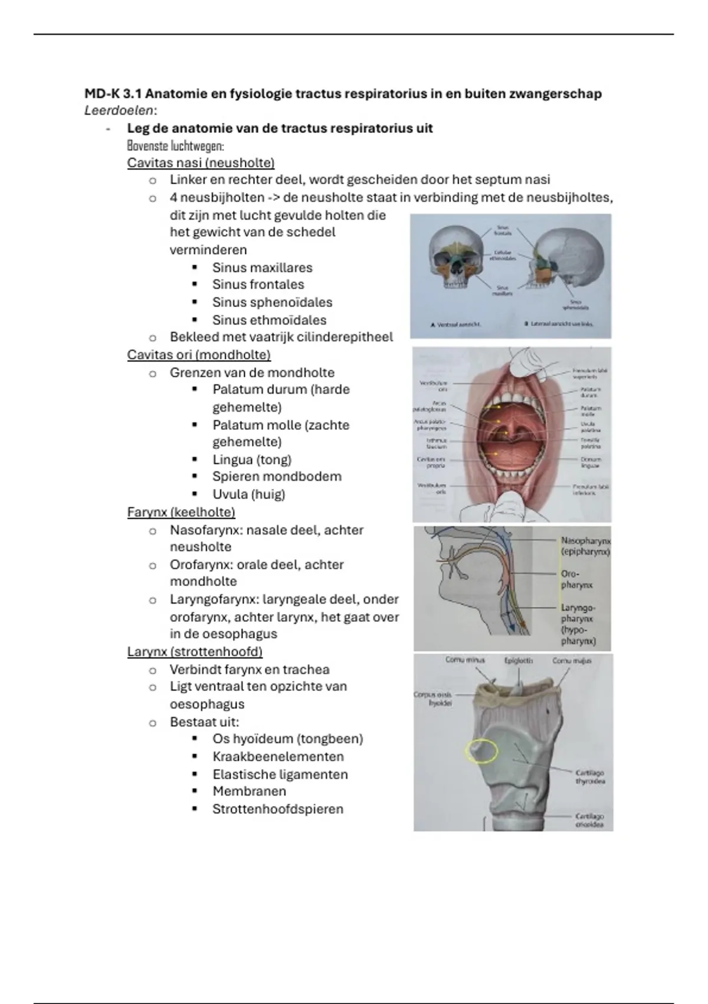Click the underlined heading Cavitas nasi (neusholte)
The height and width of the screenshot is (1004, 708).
point(201,163)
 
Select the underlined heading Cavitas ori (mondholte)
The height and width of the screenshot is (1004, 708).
point(199,355)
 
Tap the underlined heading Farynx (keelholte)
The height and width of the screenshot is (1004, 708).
point(181,512)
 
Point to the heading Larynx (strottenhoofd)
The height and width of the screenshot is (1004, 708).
point(195,652)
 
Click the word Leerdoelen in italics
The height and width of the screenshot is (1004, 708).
point(119,110)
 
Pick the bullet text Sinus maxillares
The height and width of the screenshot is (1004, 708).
point(262,268)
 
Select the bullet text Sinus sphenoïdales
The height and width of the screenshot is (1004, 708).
point(272,302)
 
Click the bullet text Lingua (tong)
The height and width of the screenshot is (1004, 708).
point(252,459)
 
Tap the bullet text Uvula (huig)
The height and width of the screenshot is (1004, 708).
point(248,494)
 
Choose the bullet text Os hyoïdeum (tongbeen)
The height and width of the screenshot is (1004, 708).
point(287,739)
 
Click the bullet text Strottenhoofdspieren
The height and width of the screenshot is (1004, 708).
point(277,809)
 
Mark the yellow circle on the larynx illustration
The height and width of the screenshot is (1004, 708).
point(481,751)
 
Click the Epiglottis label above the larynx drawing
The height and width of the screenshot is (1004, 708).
point(518,661)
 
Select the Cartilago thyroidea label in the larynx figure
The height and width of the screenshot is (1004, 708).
point(589,777)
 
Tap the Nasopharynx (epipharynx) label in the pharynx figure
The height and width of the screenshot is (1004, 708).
point(585,546)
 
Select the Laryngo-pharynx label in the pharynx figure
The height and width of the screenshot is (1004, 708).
point(578,624)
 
